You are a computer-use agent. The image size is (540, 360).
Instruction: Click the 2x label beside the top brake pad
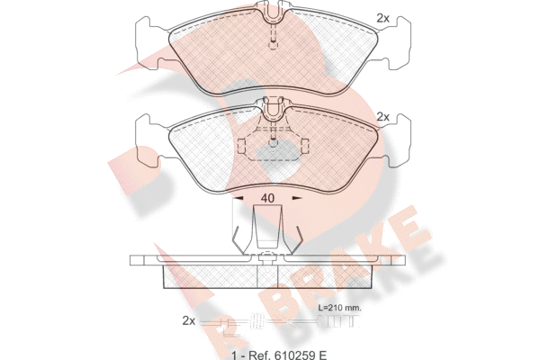click(x=383, y=18)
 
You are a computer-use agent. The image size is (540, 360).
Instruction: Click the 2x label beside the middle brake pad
click(x=383, y=117)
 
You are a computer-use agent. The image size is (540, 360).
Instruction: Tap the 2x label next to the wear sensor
click(x=189, y=321)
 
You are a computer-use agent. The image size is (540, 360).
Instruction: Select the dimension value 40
click(x=267, y=198)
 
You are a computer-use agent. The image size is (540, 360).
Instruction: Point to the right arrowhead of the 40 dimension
click(x=297, y=198)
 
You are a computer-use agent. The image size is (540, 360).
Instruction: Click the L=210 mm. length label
click(x=339, y=308)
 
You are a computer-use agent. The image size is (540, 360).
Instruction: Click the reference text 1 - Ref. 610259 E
click(x=279, y=355)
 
